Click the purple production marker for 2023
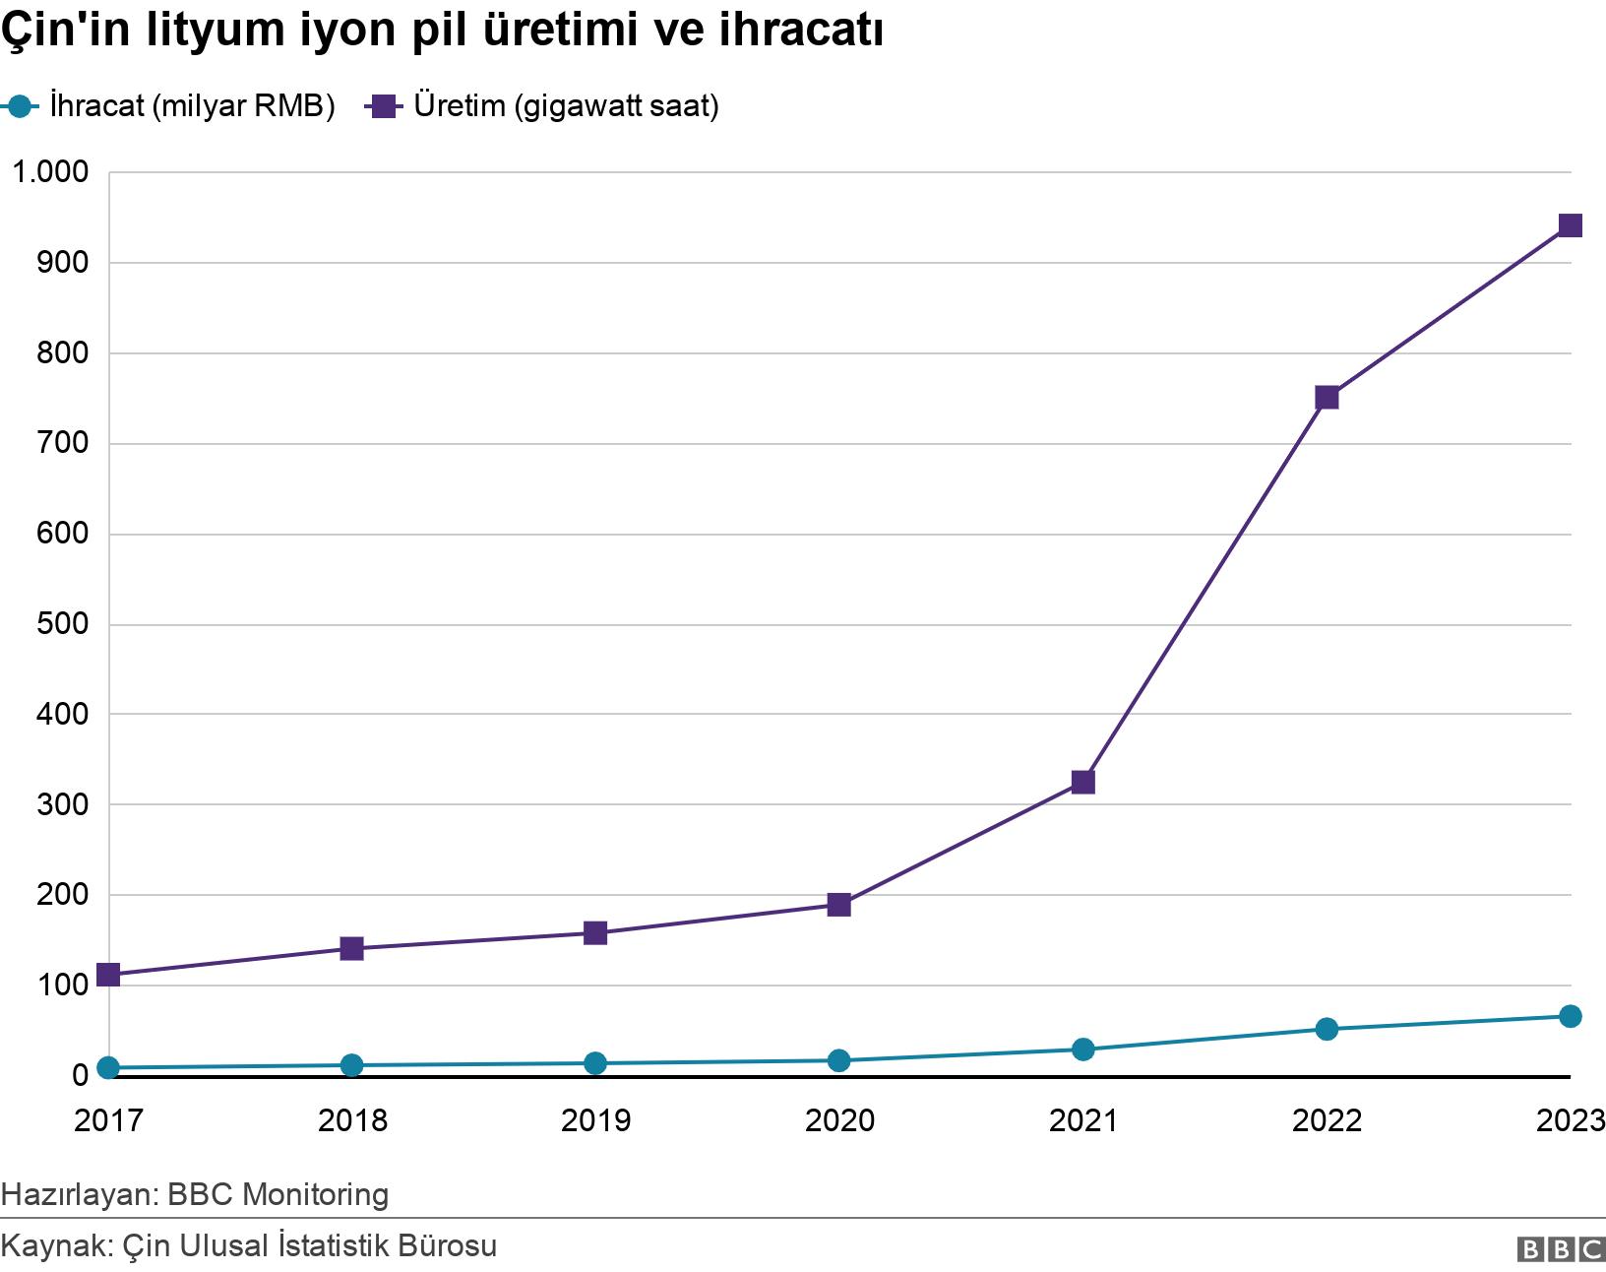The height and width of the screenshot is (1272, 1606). (x=1570, y=225)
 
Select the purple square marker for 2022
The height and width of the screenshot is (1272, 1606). (x=1327, y=398)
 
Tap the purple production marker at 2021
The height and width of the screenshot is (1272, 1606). (x=1082, y=783)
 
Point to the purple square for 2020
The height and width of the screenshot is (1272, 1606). (x=838, y=905)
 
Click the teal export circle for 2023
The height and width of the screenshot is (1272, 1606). (x=1570, y=1016)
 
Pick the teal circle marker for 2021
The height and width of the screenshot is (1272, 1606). (x=1082, y=1049)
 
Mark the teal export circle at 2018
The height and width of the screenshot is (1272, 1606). (x=351, y=1065)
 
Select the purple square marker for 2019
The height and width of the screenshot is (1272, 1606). (x=595, y=933)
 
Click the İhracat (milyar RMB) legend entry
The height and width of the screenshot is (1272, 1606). (x=172, y=106)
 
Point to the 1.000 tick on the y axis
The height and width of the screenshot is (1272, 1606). (x=49, y=172)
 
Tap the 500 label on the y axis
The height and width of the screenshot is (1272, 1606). (x=63, y=624)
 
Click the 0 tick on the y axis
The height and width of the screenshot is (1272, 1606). (x=80, y=1076)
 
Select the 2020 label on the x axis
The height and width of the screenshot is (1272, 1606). (x=838, y=1120)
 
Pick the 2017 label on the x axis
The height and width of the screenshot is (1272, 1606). (x=108, y=1120)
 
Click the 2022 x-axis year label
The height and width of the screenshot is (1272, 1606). (x=1327, y=1120)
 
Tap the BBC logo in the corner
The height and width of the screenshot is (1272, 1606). (x=1561, y=1249)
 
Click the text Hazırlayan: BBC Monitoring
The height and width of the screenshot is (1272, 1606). (x=195, y=1194)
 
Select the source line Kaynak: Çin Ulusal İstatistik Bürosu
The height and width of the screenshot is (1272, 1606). (x=249, y=1245)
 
